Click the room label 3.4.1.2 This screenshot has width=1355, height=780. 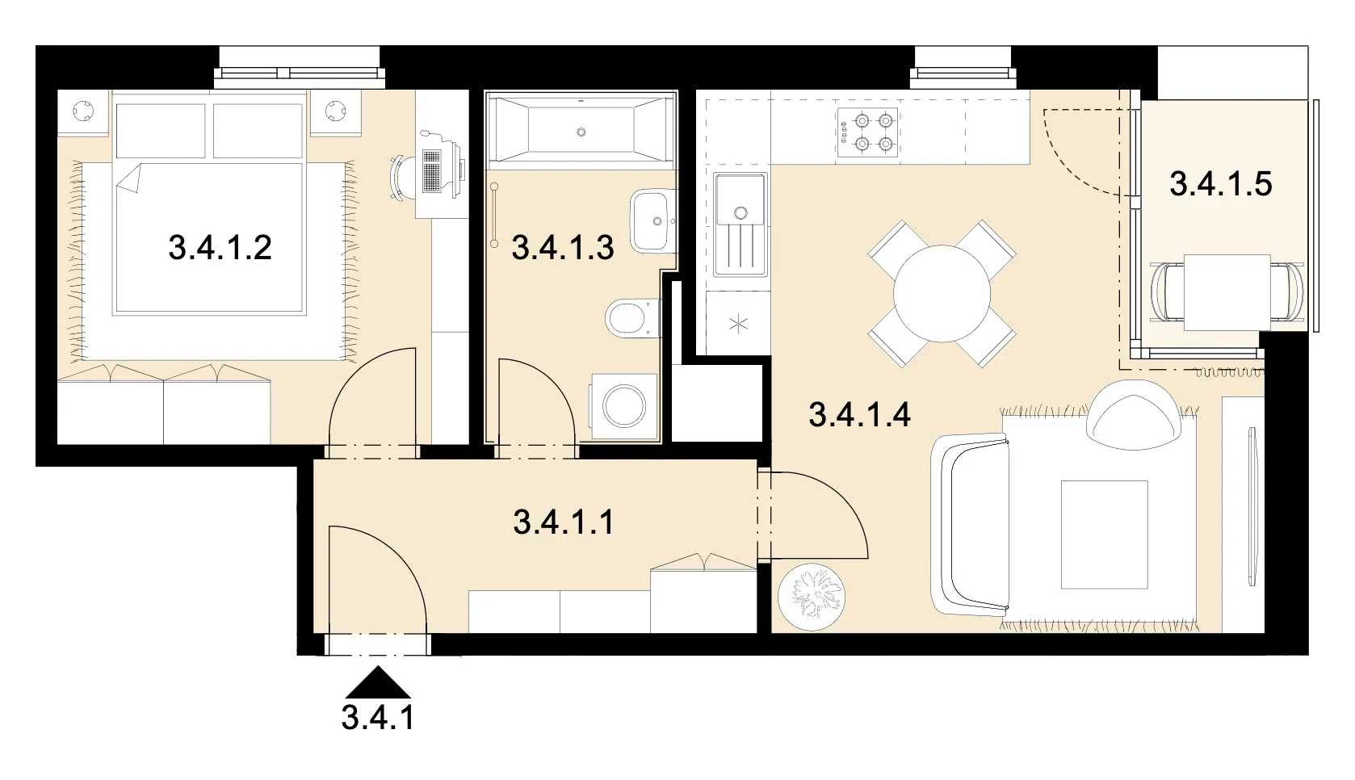[220, 248]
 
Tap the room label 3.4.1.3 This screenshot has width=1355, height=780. [563, 248]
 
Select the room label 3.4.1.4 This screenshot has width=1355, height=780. [859, 415]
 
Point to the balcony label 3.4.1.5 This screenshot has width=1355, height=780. [1221, 184]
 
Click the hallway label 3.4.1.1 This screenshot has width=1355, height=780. [564, 522]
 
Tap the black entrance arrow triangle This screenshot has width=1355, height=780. [378, 682]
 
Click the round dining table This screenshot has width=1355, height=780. [942, 294]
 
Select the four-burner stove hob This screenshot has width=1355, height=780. [867, 132]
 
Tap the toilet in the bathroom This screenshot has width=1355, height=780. [631, 319]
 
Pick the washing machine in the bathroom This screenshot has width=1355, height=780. [624, 406]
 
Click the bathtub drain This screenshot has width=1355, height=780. [581, 132]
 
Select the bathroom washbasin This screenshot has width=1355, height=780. [653, 220]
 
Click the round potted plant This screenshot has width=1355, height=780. [812, 597]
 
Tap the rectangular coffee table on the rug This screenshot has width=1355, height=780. [1105, 535]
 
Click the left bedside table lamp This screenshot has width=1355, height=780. [83, 111]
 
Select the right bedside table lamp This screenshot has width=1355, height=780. [335, 111]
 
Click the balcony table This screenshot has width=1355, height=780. [1227, 292]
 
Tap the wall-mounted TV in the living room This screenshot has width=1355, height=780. [1252, 505]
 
